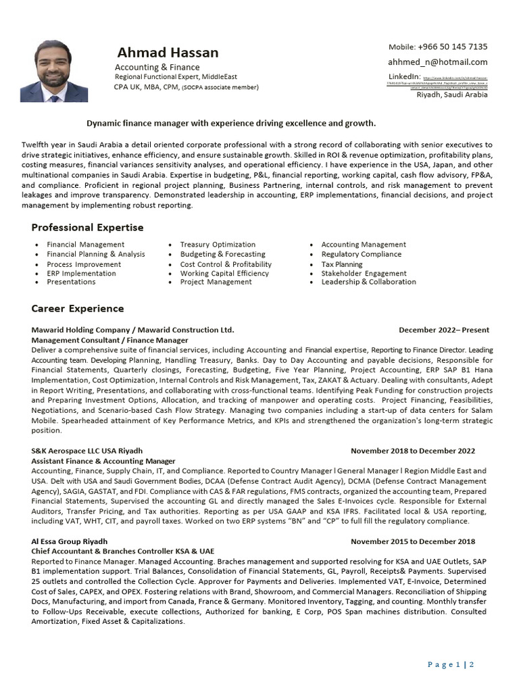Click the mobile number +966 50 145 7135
tap(437, 47)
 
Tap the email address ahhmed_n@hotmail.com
tap(437, 62)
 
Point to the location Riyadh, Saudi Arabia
tap(451, 95)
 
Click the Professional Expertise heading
tap(87, 228)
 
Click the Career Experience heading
tap(78, 309)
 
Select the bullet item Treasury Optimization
tap(218, 245)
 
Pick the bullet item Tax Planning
tap(342, 264)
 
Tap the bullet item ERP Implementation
tap(81, 274)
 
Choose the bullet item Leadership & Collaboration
tap(368, 282)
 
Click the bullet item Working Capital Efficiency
tap(224, 274)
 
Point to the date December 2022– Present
tap(444, 330)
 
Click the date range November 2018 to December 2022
tap(412, 451)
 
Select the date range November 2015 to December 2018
tap(412, 541)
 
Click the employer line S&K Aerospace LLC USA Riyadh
tap(87, 451)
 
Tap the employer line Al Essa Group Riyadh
tap(70, 541)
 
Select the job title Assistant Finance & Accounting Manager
tap(103, 461)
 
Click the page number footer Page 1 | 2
tap(451, 664)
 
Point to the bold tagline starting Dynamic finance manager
tap(231, 124)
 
